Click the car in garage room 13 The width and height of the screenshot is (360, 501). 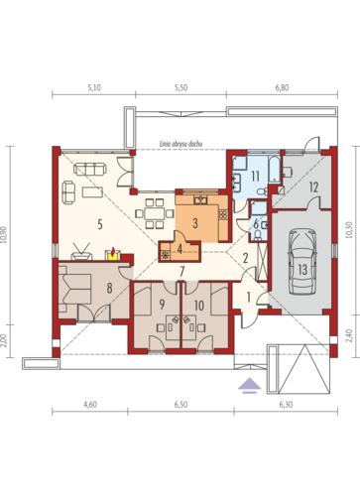(302, 261)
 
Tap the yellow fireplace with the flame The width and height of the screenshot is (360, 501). (113, 255)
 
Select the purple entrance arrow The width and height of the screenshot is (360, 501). (249, 386)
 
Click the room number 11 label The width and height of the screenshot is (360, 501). (255, 177)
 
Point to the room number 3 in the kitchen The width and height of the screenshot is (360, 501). (195, 223)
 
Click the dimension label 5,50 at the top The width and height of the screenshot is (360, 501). (180, 87)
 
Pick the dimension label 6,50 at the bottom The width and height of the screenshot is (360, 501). (180, 405)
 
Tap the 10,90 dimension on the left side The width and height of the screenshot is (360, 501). (4, 235)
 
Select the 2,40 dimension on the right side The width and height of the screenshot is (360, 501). (350, 335)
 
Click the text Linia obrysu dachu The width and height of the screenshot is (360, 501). (180, 144)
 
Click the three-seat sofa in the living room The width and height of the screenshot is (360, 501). (90, 169)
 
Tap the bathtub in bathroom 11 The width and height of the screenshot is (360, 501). (275, 170)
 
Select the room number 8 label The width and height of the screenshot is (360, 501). (109, 288)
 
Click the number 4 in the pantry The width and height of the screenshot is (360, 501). (180, 249)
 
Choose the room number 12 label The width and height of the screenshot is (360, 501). (313, 188)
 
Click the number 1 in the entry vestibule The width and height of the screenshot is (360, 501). (249, 298)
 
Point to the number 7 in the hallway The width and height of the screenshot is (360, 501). (181, 271)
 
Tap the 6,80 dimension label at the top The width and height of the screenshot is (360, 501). (282, 87)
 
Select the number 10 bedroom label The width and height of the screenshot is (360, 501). (199, 306)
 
